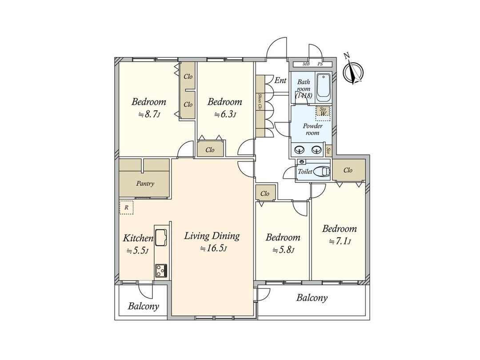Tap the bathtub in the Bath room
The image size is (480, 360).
pos(323,88)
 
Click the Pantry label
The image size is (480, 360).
pos(145,184)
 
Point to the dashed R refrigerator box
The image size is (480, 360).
pos(126,208)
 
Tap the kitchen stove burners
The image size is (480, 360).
pos(161,270)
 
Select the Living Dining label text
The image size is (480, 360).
pos(212,236)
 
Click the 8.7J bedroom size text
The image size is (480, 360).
pos(148,115)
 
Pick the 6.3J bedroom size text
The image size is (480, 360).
pos(225,115)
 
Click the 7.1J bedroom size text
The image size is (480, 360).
pos(340,242)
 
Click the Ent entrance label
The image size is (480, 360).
pos(280,80)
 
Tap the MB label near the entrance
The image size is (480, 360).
pos(306,64)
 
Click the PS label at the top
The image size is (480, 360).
pos(320,64)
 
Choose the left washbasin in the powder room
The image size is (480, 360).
pos(299,150)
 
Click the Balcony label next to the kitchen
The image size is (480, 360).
pos(143,306)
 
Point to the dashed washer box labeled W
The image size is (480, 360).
pos(323,113)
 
